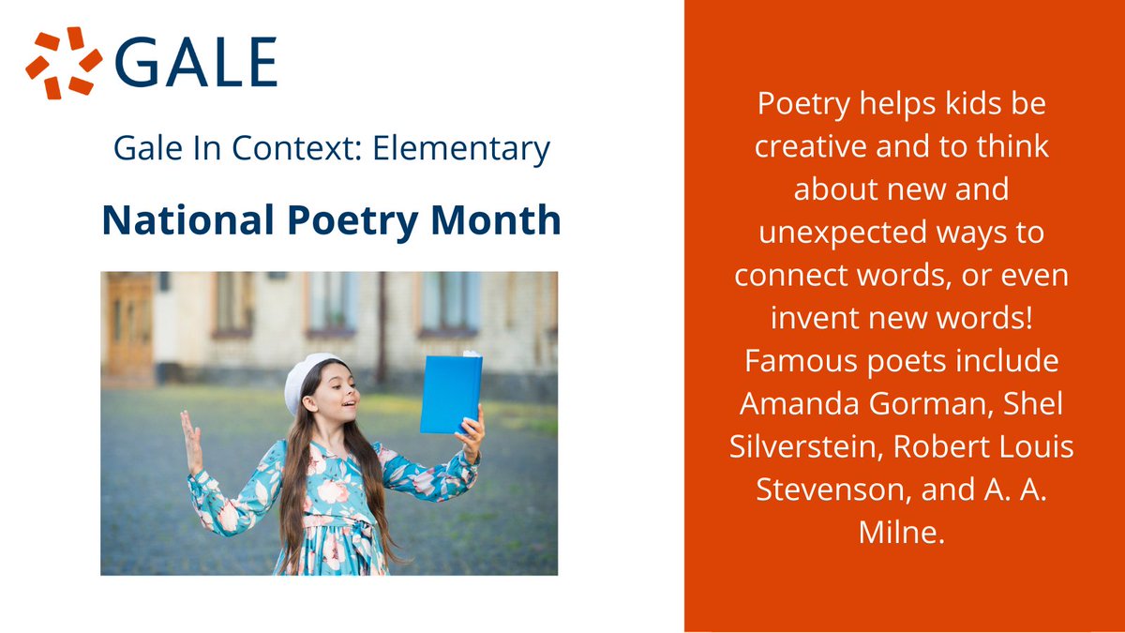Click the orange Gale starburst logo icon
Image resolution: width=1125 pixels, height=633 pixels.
pos(64,63)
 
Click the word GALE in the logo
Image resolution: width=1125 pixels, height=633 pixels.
pos(198,63)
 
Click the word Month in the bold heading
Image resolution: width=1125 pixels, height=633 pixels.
pos(499,220)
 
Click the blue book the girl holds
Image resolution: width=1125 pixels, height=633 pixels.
pos(451,393)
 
